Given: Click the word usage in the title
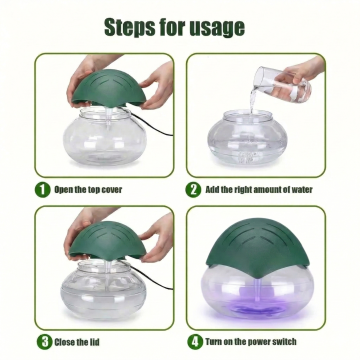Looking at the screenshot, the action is coord(217,28).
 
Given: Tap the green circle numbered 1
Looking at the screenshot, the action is coord(43,190).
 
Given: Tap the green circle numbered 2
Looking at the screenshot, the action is coord(193,190).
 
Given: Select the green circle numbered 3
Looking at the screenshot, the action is coord(44,342).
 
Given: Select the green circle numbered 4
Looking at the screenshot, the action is coord(195,342).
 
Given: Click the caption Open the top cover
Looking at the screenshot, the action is coord(88,190).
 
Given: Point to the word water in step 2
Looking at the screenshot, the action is coord(302,190).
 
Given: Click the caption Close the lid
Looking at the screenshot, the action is coord(77,342).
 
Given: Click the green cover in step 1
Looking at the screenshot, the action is coord(109,88).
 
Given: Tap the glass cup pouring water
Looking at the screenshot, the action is coord(282,84).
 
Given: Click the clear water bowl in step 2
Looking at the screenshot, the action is coord(247,137).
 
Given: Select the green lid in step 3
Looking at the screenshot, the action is coord(108,240).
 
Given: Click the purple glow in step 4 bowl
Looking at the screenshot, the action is coord(257,307).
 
